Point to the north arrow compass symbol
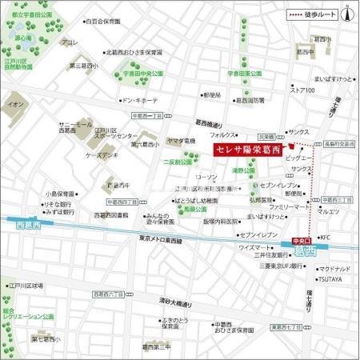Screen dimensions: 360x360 [347, 13]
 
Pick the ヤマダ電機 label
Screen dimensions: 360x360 [181, 141]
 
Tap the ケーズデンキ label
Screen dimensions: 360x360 [102, 156]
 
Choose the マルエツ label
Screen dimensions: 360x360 [328, 212]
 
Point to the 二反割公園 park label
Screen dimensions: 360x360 [178, 162]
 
